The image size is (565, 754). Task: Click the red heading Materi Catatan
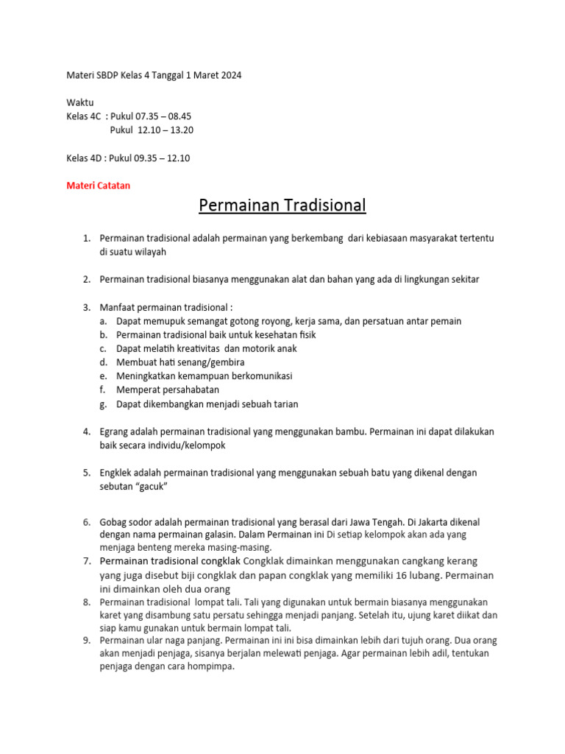[98, 186]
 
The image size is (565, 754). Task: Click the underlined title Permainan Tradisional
[282, 205]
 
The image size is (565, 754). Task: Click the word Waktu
[80, 102]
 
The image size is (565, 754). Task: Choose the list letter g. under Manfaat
[103, 404]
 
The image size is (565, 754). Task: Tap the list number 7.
[86, 562]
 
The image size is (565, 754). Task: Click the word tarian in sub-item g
[283, 404]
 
